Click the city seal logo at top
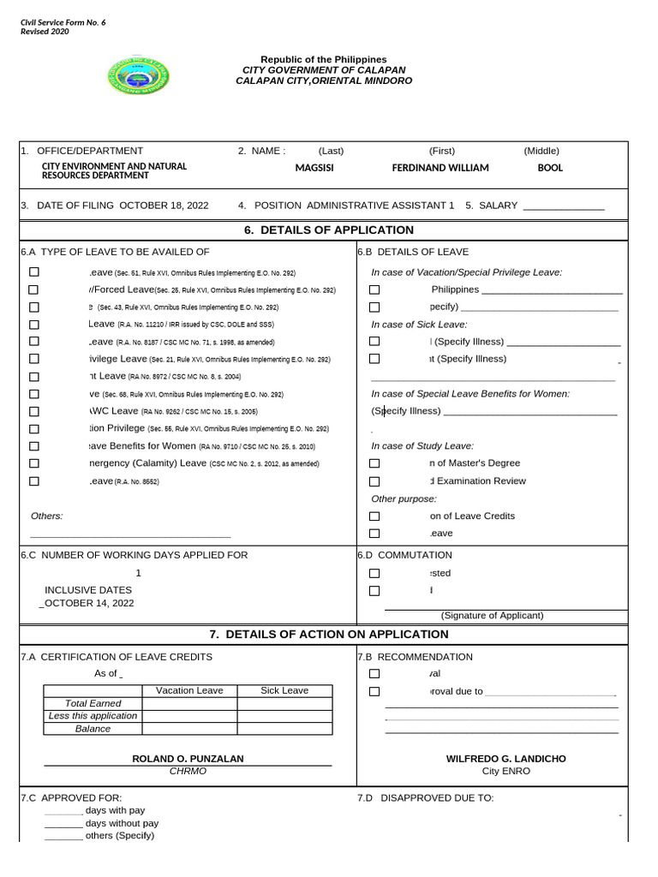[137, 76]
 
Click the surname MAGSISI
[314, 168]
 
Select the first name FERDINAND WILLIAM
[440, 168]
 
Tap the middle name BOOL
[550, 168]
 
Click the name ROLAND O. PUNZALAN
[188, 759]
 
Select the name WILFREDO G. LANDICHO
[505, 759]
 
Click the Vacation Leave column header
[189, 691]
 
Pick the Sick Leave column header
[284, 691]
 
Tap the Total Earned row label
[93, 703]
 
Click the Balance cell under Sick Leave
[284, 729]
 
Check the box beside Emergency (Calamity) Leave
[34, 463]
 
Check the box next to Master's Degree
[374, 463]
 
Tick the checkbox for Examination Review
[374, 481]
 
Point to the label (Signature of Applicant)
[492, 616]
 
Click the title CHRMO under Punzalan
[188, 772]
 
